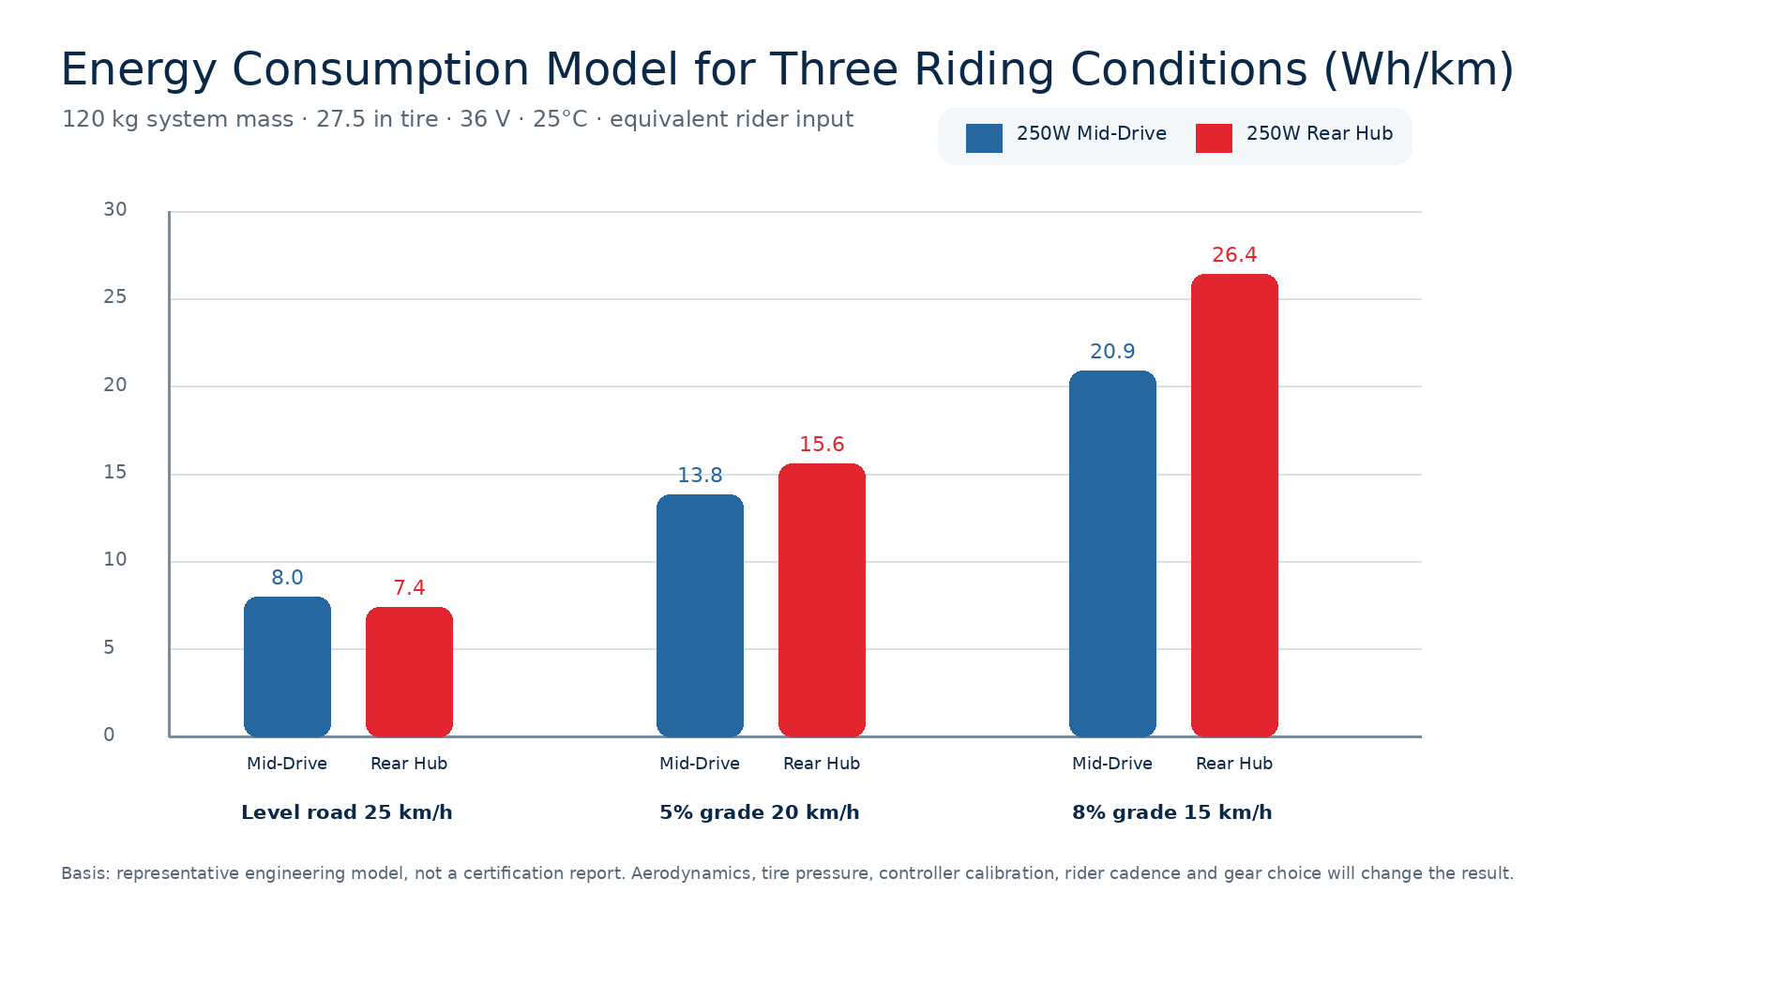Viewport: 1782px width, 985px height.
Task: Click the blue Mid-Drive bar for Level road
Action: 287,666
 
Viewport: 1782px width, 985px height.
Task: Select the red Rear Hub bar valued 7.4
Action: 409,672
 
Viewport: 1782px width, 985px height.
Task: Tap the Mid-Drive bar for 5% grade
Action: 700,615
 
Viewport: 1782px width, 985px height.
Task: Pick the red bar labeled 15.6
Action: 822,599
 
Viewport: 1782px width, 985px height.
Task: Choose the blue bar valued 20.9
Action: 1112,553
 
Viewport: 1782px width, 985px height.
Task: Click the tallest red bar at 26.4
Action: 1234,505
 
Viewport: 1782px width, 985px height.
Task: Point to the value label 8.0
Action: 287,578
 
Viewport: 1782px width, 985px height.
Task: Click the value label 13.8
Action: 700,476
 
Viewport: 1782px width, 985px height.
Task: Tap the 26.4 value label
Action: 1234,255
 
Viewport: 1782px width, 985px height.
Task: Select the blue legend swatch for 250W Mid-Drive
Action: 984,138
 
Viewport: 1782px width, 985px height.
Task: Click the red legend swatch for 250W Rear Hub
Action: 1214,138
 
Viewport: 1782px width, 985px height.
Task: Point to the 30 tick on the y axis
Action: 115,209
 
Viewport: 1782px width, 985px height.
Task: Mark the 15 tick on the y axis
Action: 115,472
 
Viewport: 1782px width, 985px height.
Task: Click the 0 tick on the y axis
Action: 109,735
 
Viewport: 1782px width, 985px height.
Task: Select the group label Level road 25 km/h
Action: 347,812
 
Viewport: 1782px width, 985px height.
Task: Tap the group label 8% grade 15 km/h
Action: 1172,812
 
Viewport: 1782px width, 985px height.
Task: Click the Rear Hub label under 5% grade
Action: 822,764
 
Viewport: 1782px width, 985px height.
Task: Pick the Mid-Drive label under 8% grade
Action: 1112,764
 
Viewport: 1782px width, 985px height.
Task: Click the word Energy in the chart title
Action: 139,71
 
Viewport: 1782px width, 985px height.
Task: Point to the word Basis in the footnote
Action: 85,873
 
